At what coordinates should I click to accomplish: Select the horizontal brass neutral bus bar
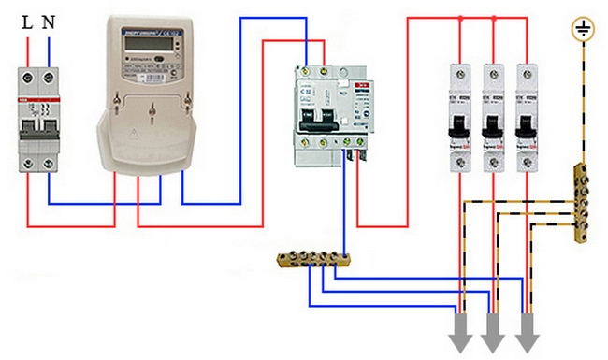[313, 259]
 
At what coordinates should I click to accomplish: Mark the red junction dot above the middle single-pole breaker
[492, 16]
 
